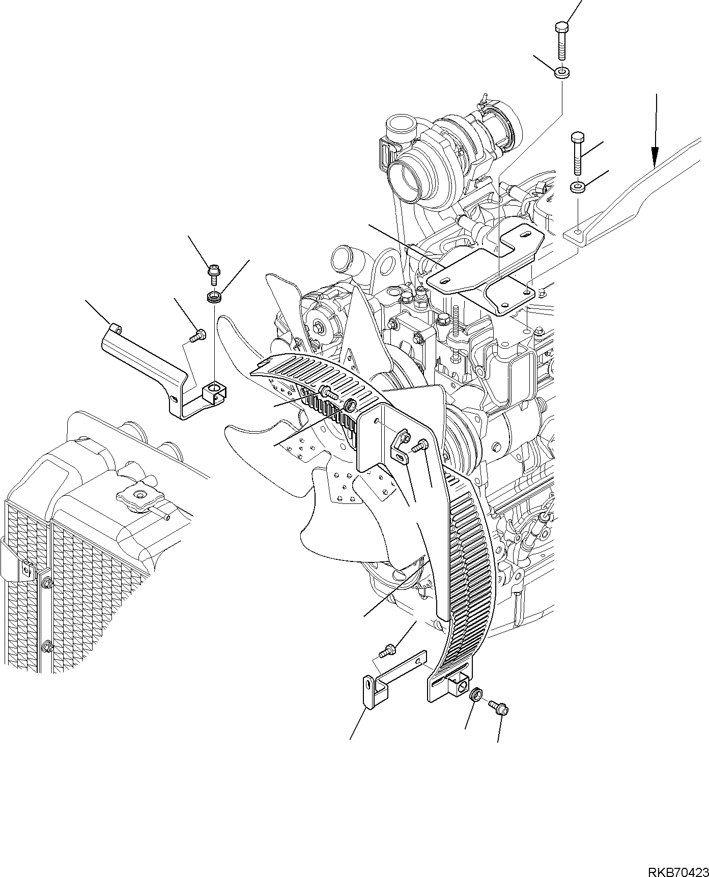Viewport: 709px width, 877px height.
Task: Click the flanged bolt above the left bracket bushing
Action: click(213, 274)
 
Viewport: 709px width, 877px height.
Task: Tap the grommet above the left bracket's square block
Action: click(214, 296)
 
